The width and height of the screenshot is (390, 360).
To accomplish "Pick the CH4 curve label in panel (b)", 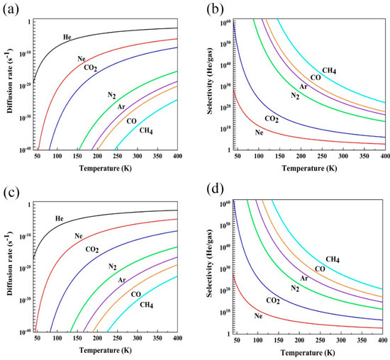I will [330, 70].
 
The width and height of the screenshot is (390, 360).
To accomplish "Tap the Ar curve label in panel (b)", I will [303, 86].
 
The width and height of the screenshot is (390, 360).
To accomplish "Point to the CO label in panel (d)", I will [321, 269].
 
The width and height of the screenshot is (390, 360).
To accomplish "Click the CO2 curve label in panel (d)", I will [274, 300].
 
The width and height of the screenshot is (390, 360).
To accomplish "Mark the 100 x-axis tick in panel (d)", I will [257, 342].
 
